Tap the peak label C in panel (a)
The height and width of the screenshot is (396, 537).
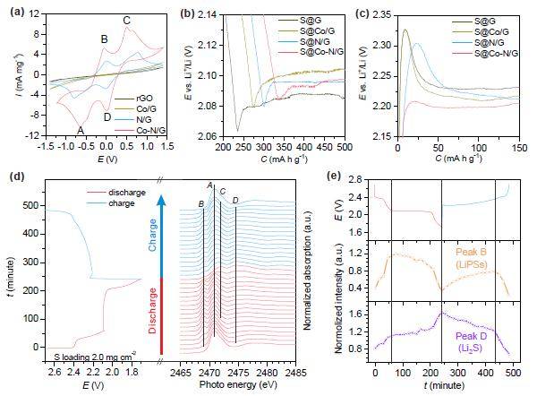[x=125, y=20]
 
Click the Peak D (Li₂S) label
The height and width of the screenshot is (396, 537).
[x=487, y=328]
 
